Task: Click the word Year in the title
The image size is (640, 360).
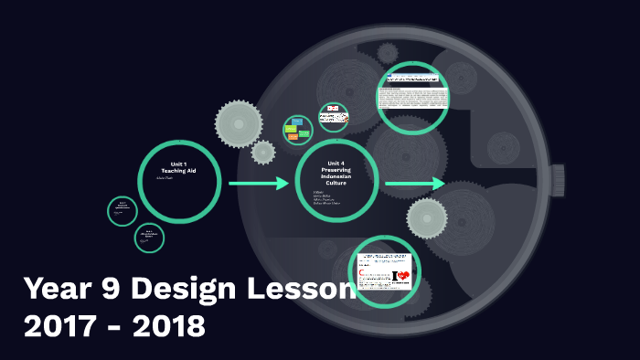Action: coord(60,290)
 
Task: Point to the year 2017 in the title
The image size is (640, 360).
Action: coord(58,325)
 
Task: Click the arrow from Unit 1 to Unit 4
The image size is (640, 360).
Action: coord(259,184)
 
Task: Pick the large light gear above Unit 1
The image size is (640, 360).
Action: coord(239,123)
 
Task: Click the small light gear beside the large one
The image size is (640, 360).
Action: coord(263,152)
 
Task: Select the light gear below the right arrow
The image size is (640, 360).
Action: coord(426,218)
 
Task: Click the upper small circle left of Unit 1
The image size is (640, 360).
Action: coord(122,210)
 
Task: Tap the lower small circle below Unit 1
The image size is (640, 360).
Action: coord(149,238)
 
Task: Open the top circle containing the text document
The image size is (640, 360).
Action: coord(412,97)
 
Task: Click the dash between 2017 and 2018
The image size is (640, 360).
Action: coord(114,327)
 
